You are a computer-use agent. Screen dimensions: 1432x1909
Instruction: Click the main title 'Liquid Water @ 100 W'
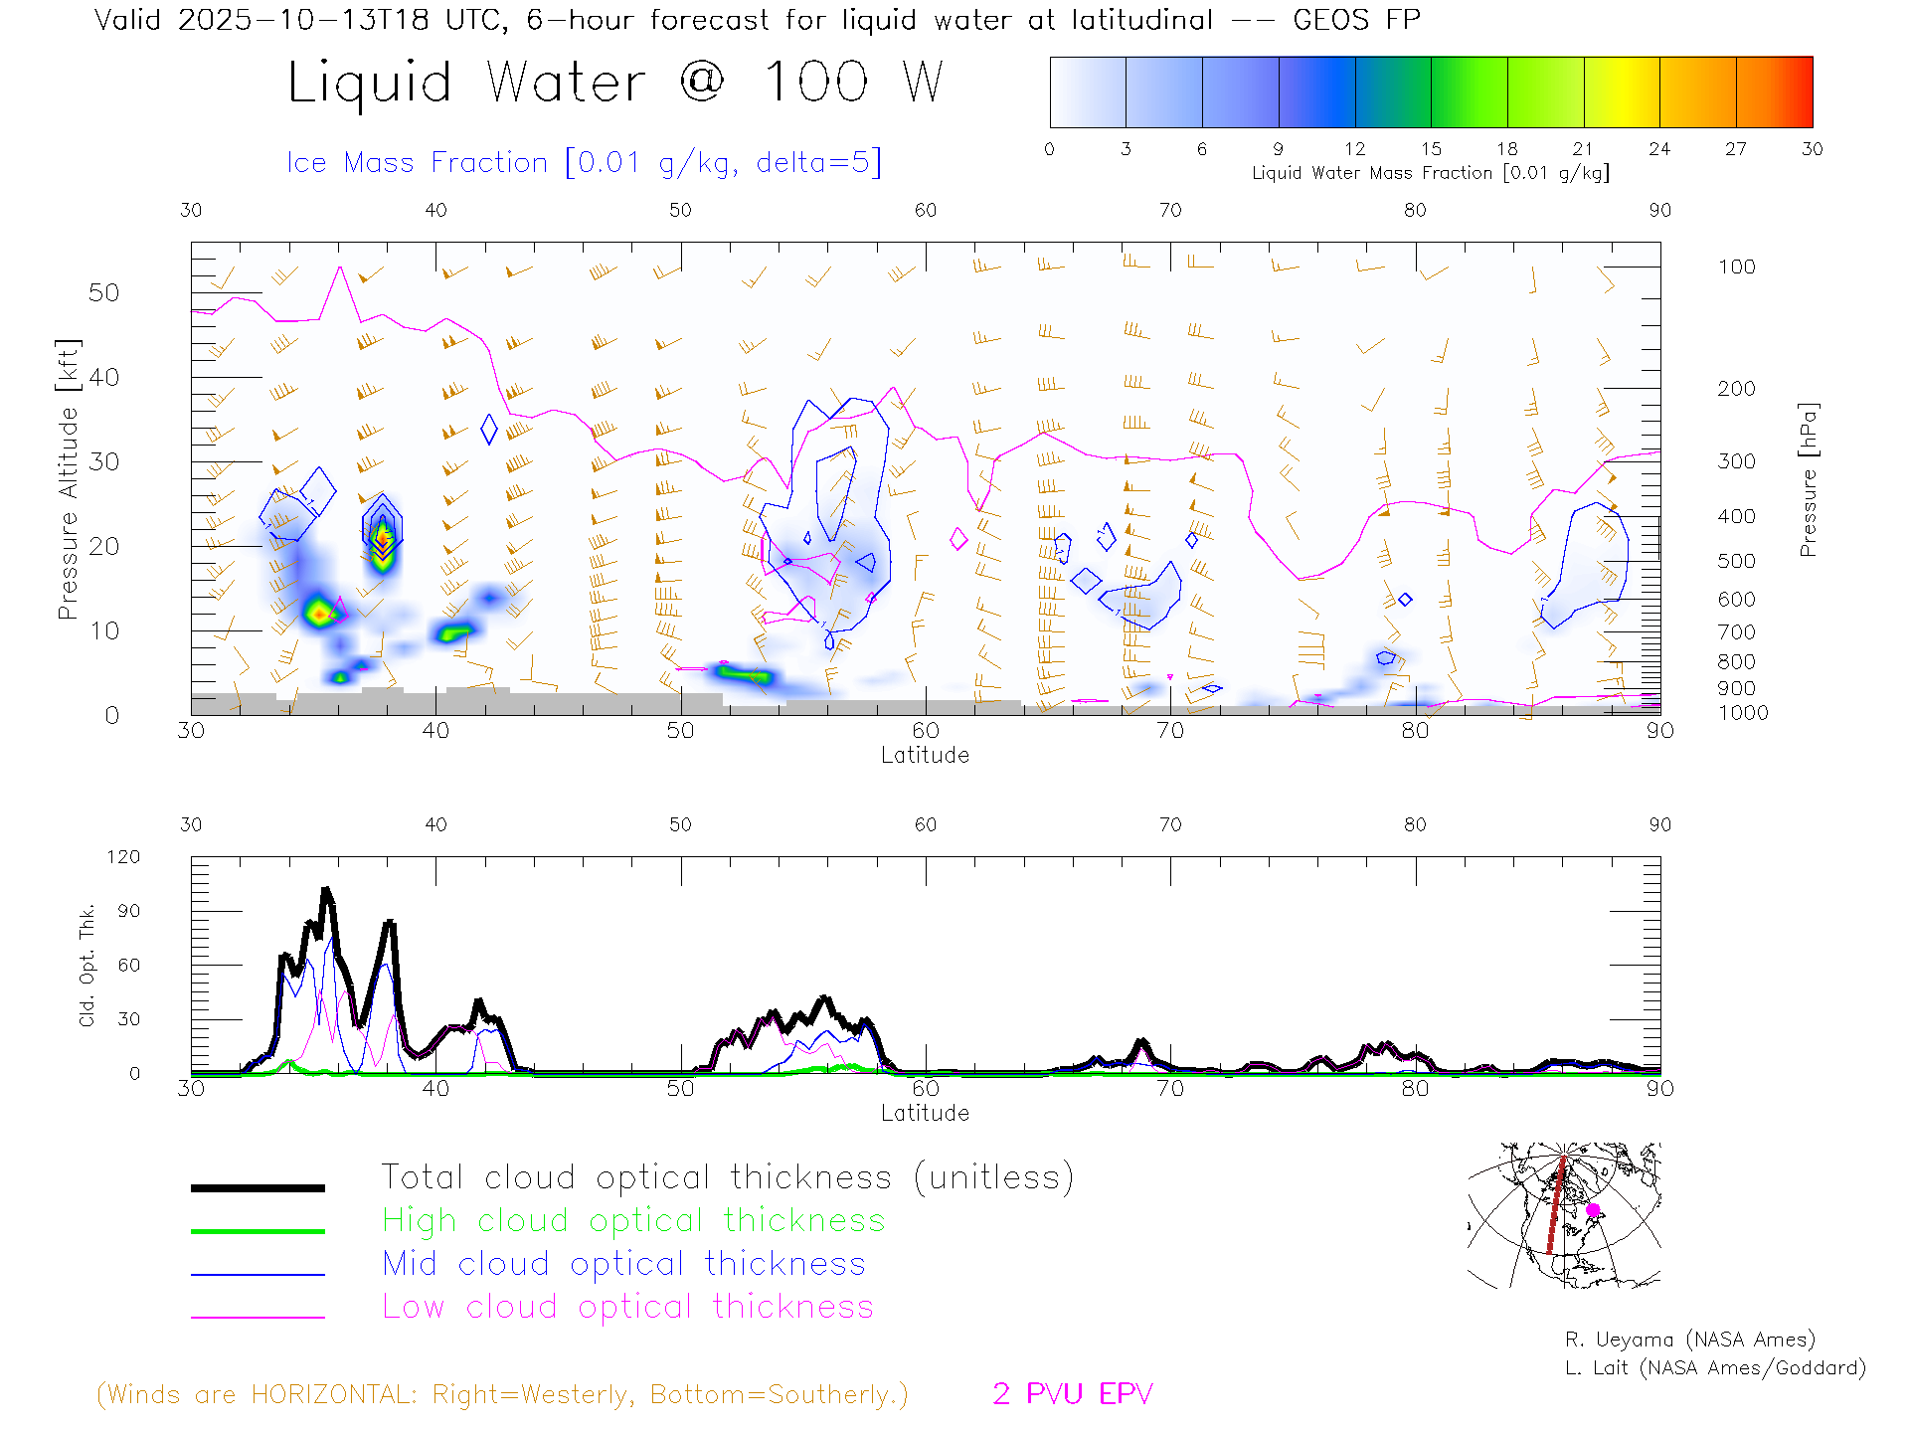[x=614, y=83]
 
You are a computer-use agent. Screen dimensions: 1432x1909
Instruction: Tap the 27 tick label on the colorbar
[x=1735, y=149]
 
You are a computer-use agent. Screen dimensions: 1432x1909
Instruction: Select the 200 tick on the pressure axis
[x=1736, y=389]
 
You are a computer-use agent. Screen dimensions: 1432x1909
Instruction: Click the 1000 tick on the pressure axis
[x=1742, y=713]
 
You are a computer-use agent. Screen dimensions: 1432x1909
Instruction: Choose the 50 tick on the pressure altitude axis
[x=103, y=292]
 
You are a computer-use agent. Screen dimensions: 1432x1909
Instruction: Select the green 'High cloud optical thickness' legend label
[x=633, y=1220]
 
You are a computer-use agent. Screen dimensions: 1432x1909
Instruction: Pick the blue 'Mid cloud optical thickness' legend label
[x=623, y=1264]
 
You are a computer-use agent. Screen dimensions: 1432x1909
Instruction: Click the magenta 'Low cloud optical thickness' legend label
[x=627, y=1307]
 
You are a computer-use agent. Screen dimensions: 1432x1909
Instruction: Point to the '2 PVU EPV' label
[x=1072, y=1394]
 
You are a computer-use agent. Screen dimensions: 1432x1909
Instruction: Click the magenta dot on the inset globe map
[x=1593, y=1210]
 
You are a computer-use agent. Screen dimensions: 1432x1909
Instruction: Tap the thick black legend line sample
[x=258, y=1187]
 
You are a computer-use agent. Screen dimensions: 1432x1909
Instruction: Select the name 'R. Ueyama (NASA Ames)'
[x=1689, y=1340]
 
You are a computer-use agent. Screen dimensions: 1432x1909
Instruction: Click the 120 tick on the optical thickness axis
[x=123, y=857]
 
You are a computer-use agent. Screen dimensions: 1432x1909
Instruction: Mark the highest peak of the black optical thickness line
[x=326, y=890]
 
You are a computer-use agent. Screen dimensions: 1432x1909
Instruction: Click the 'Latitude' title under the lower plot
[x=925, y=1113]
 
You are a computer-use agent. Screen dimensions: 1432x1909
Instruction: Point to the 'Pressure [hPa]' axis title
[x=1809, y=478]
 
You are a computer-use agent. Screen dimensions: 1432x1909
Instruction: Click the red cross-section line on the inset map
[x=1556, y=1204]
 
